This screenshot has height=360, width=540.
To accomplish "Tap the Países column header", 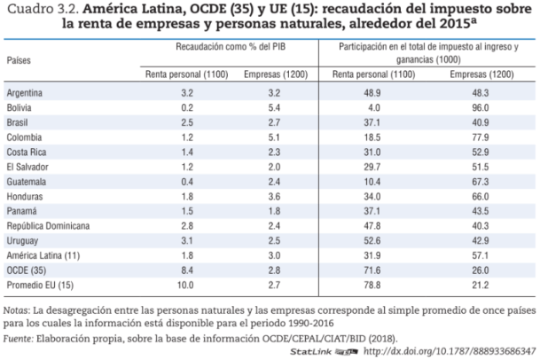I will pyautogui.click(x=20, y=59).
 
